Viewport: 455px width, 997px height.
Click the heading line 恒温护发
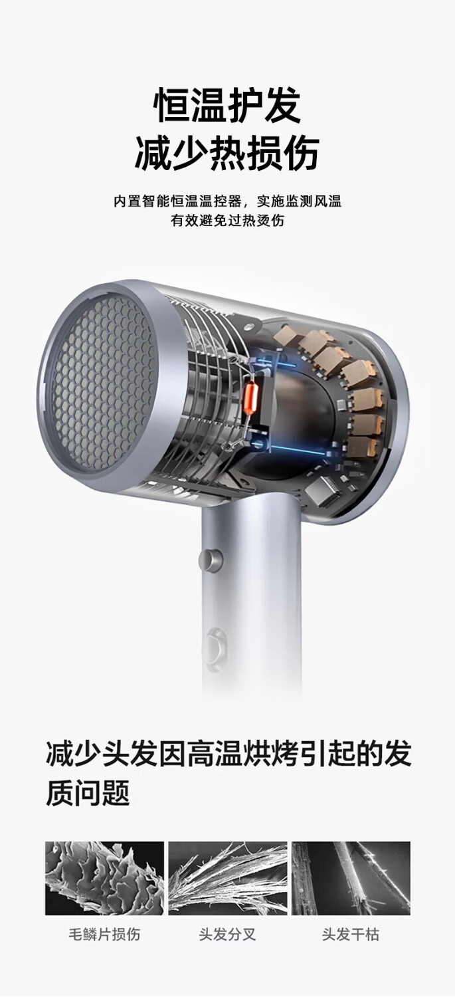pyautogui.click(x=227, y=106)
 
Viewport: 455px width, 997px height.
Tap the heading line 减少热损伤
pyautogui.click(x=227, y=153)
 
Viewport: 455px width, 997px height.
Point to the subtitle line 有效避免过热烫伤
pyautogui.click(x=227, y=220)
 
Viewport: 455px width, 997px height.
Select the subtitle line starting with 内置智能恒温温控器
pyautogui.click(x=227, y=201)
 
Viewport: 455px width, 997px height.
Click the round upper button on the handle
pyautogui.click(x=211, y=559)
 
